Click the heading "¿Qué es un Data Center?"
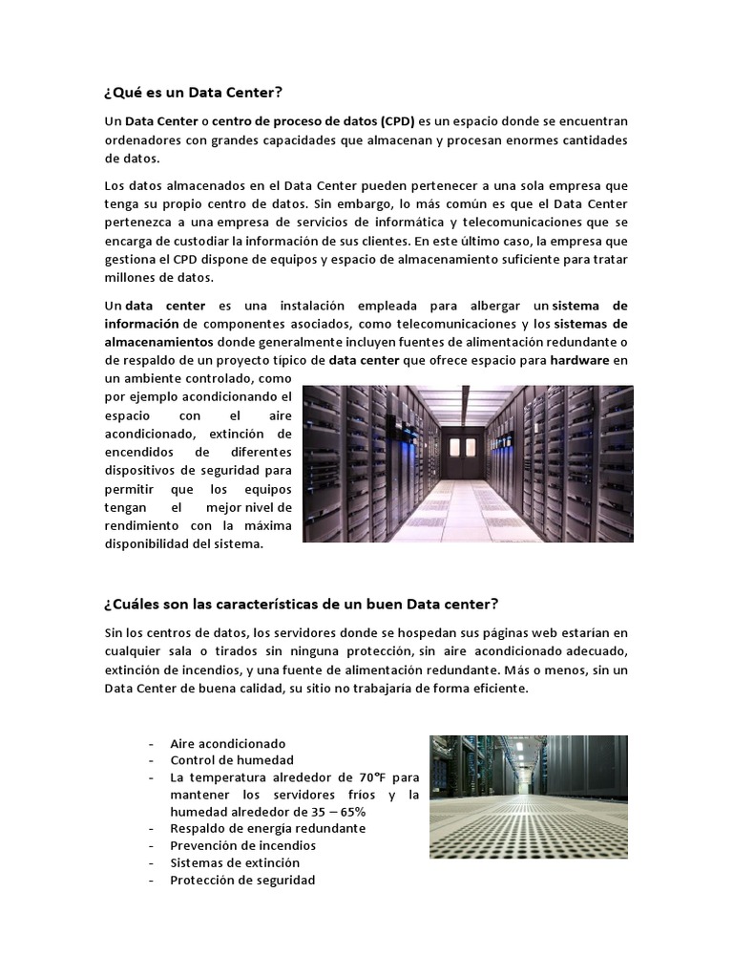pyautogui.click(x=194, y=93)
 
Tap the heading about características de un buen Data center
pyautogui.click(x=301, y=605)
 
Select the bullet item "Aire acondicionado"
pyautogui.click(x=227, y=743)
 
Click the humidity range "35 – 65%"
pyautogui.click(x=332, y=811)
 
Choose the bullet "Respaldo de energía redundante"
pyautogui.click(x=267, y=828)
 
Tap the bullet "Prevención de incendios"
pyautogui.click(x=242, y=845)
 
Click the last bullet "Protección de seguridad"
pyautogui.click(x=242, y=880)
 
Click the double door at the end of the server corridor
pyautogui.click(x=468, y=446)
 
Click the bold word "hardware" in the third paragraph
pyautogui.click(x=579, y=360)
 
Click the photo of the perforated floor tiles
pyautogui.click(x=528, y=796)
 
